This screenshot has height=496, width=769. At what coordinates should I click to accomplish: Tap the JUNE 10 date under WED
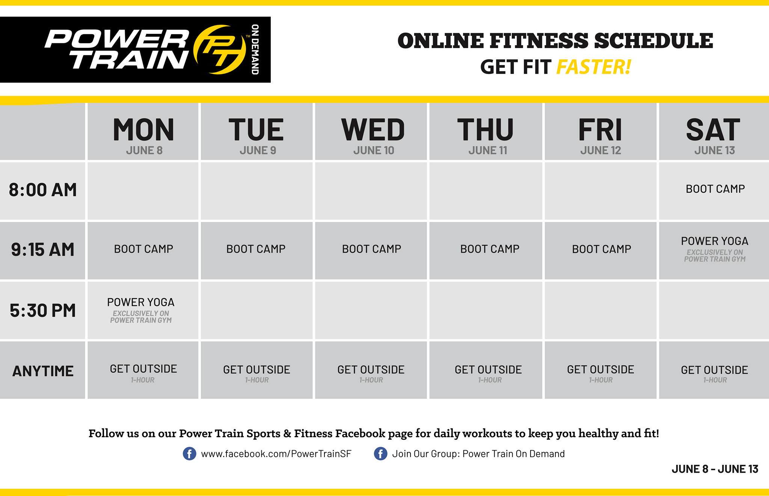click(374, 151)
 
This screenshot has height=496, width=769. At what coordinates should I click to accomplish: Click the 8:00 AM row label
click(43, 190)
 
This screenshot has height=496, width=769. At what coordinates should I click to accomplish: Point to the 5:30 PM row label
click(43, 311)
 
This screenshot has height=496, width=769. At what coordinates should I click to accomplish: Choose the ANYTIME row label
click(43, 371)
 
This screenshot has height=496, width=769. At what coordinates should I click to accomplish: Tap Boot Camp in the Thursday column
click(490, 249)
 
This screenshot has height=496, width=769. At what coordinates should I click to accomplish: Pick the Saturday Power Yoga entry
click(715, 249)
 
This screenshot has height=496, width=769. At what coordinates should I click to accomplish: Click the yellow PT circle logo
click(220, 50)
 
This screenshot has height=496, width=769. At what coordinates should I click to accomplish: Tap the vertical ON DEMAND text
click(255, 50)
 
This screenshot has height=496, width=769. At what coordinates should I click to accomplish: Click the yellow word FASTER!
click(594, 67)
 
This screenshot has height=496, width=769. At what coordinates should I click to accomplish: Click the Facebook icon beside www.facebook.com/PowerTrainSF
click(189, 454)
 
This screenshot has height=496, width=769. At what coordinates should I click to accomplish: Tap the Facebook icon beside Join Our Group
click(380, 454)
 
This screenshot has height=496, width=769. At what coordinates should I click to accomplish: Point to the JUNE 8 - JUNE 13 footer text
click(715, 469)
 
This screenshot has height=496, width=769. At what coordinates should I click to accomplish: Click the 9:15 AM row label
click(43, 250)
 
